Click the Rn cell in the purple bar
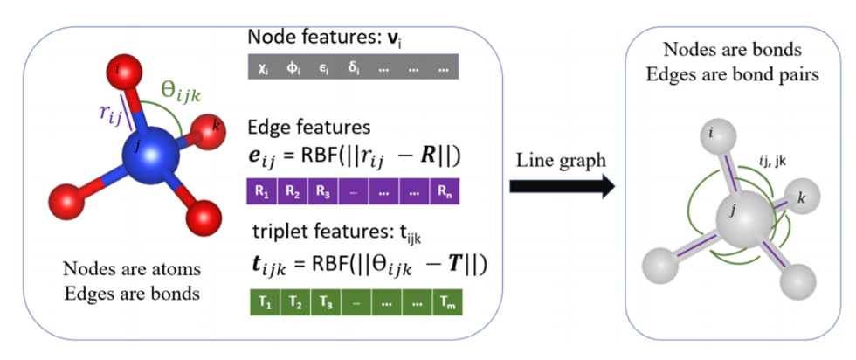coord(444,188)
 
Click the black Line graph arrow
coord(558,186)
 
